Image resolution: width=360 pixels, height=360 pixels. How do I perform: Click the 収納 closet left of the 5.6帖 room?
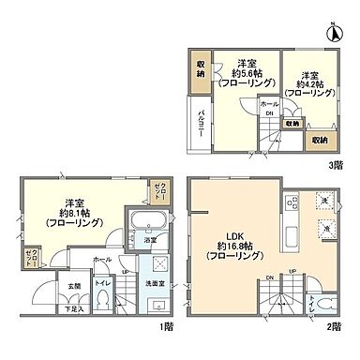click(x=201, y=70)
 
